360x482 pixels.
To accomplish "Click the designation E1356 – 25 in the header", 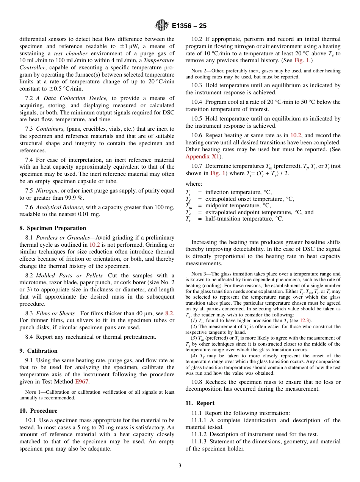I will click(x=189, y=26).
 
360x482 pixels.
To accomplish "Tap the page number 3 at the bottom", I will click(x=180, y=466).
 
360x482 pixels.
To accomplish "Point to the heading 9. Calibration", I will click(x=38, y=351).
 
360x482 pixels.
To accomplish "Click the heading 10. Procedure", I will click(x=38, y=411).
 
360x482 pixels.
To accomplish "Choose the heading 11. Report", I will click(x=200, y=403).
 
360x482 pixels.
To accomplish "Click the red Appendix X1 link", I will click(x=202, y=156).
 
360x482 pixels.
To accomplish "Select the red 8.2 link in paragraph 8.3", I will click(x=169, y=313).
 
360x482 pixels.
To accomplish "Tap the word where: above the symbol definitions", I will click(x=194, y=184).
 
